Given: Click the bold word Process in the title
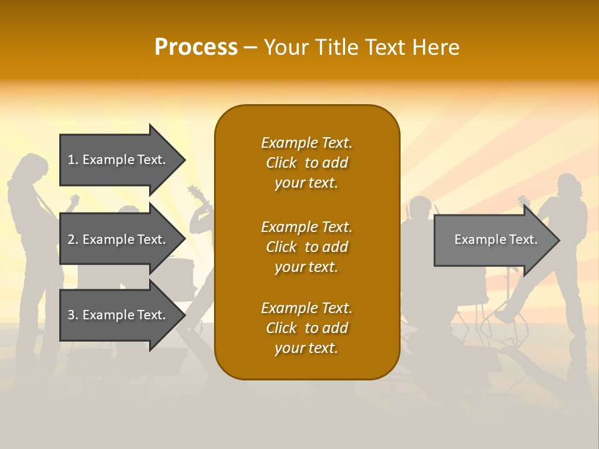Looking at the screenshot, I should point(196,47).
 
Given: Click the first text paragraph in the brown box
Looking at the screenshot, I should point(306,163).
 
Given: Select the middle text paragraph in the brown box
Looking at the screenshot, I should point(306,247).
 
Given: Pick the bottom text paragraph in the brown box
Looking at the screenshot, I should point(306,328).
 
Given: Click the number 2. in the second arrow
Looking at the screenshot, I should point(73,239).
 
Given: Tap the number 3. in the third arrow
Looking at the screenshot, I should point(73,315).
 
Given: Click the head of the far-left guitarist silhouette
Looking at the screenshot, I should point(29,167).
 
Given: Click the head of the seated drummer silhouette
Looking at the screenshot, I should point(419,208).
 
